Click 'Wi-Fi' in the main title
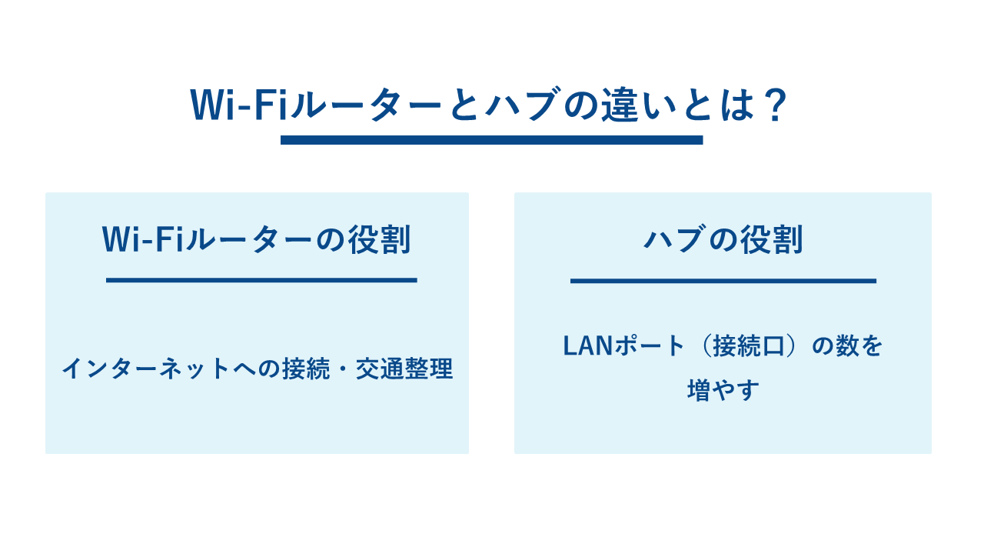pos(238,105)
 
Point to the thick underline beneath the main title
pos(491,140)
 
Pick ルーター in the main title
pos(365,105)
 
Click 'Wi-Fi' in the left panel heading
pos(142,239)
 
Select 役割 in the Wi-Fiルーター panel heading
pos(380,239)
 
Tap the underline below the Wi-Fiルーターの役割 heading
pos(261,280)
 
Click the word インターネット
pos(146,369)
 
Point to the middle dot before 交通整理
pos(343,369)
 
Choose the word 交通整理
pos(404,369)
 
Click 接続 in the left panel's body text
pos(306,369)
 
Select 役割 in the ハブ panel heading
pos(772,239)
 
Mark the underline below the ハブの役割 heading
pos(723,281)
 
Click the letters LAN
pos(588,346)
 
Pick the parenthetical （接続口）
pos(749,346)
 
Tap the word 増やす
pos(723,390)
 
